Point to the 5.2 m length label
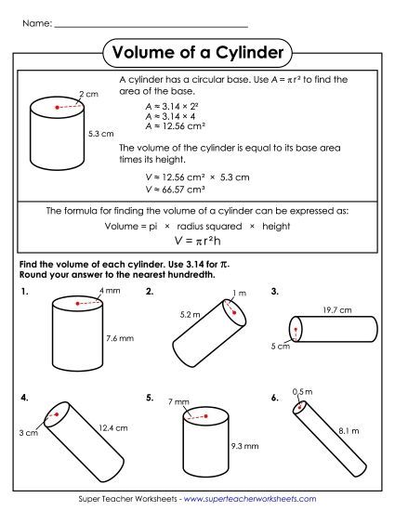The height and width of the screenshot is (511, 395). coord(190,315)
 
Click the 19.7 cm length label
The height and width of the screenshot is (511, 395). coord(336,309)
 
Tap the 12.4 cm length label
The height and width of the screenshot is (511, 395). coord(112,427)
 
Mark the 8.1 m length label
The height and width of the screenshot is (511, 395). coord(350,430)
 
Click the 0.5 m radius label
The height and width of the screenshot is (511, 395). coord(302,391)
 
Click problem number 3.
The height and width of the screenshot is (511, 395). coord(275,292)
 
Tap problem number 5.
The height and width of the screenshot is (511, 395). coord(150,398)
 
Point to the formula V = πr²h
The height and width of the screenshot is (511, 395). coord(197,241)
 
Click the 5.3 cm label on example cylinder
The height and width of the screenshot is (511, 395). coord(99,134)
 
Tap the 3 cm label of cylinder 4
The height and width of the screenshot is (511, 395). coord(28,434)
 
